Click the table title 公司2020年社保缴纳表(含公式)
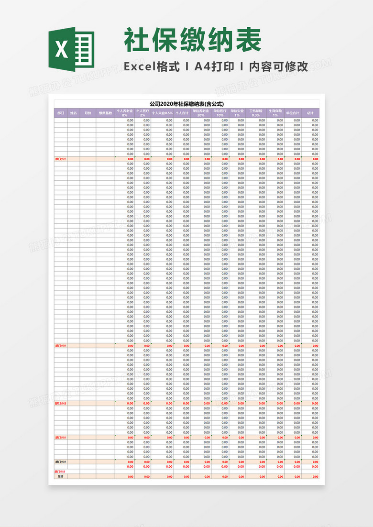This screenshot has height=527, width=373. pos(186,104)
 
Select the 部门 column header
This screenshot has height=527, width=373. pos(61,113)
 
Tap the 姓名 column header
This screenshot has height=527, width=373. pos(74,113)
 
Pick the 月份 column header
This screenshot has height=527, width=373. pos(88,113)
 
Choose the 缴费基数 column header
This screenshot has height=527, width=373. pos(105,113)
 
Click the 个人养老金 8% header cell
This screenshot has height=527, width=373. pos(125,113)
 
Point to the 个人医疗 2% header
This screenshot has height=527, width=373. pos(143,113)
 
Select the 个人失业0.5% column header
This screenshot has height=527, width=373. pos(163,113)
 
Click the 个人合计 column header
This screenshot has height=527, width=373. pos(182,113)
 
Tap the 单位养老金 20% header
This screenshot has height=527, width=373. pos(201,113)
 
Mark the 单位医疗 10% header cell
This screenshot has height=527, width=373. pos(220,113)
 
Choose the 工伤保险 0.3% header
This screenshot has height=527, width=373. pos(256,113)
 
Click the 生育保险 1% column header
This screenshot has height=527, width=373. pos(275,113)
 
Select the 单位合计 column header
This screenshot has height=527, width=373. pos(293,113)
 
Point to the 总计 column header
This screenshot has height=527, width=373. pos(310,113)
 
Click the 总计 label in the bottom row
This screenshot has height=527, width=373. pos(61,476)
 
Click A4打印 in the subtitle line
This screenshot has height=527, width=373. pos(214,66)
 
